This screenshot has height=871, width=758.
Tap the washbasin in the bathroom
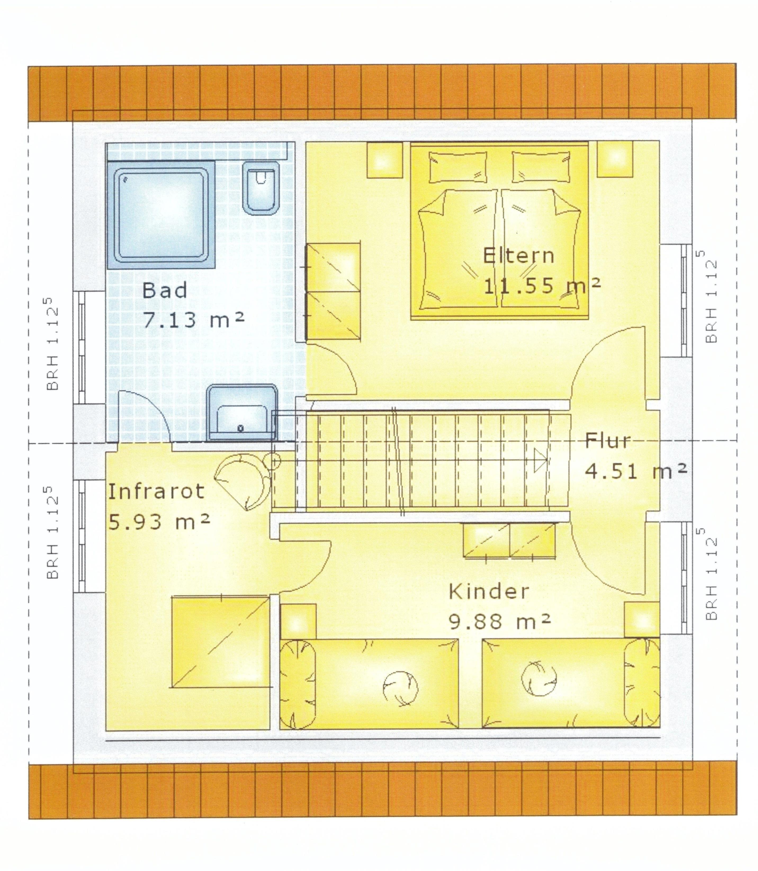coord(242,413)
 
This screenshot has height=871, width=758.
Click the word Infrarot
coord(156,492)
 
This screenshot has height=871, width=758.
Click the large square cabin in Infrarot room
coord(220,642)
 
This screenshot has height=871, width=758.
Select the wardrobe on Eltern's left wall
coord(333,291)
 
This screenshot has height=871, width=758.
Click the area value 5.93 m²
coord(159,522)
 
